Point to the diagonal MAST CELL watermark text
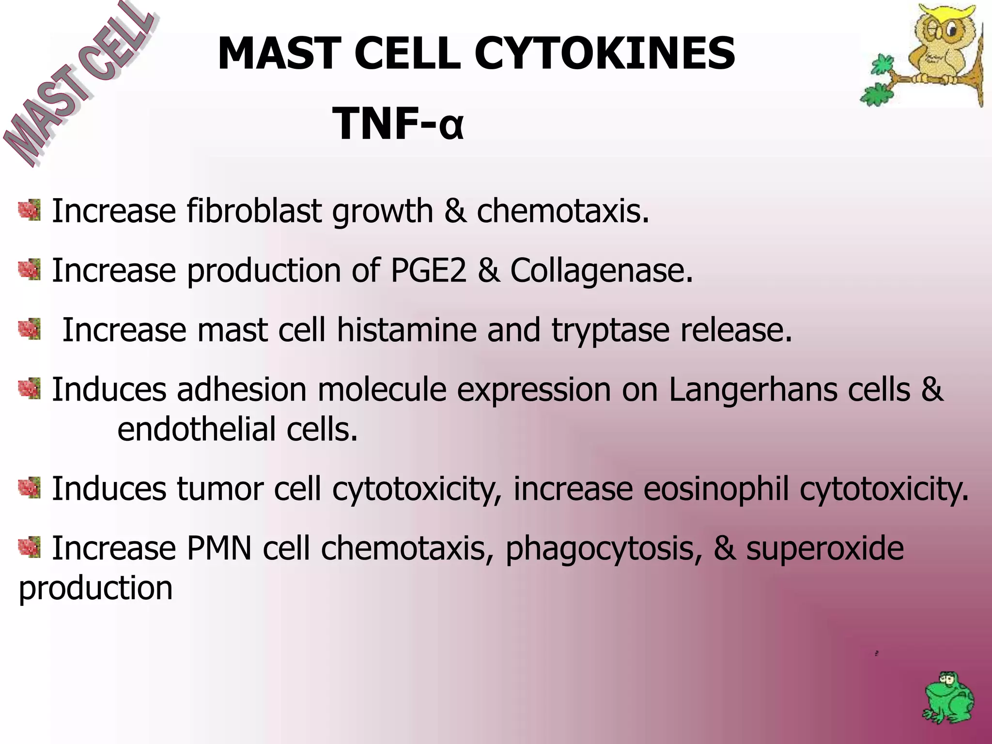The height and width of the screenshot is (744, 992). pos(77,85)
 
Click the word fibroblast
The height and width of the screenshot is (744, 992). pos(254,211)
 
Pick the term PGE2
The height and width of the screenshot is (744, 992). pos(428,270)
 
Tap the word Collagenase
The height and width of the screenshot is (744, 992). pos(601,270)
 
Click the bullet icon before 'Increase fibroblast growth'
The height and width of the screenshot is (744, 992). pos(30,210)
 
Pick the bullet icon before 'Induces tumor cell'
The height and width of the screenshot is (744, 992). pos(30,487)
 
